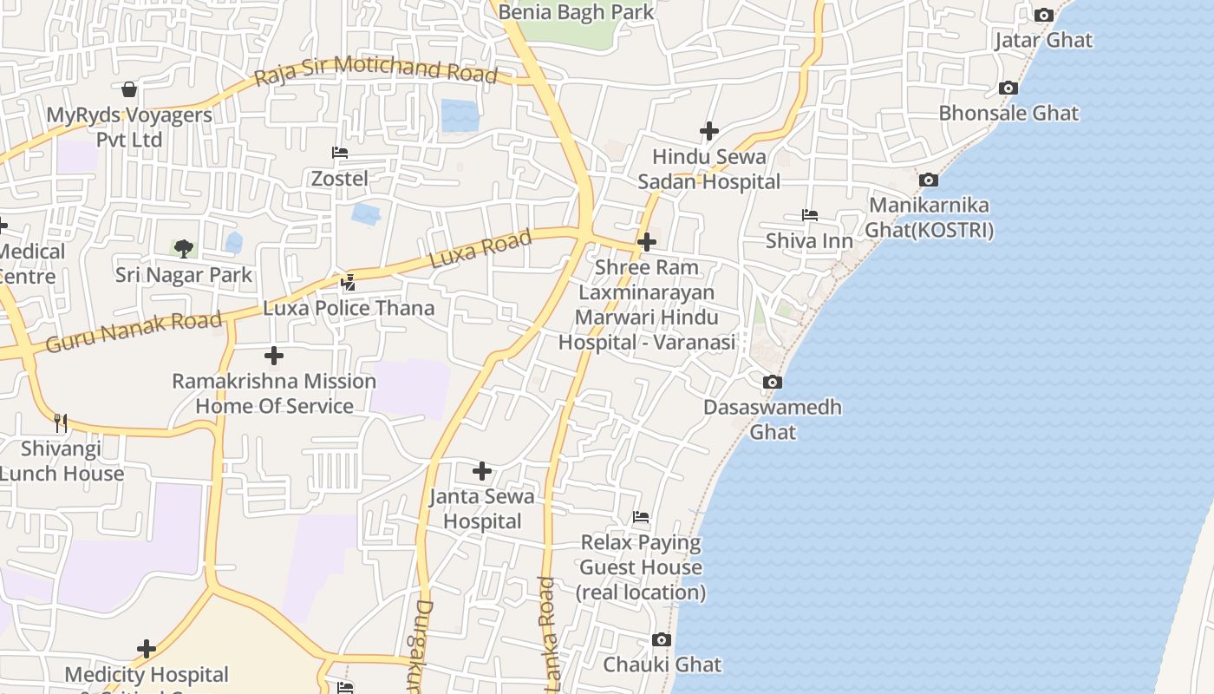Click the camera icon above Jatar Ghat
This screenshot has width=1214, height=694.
[x=1044, y=15]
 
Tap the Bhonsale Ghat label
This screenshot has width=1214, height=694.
[x=1008, y=113]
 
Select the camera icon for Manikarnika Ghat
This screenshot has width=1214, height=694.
[x=929, y=180]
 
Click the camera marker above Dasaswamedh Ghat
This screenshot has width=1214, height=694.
[x=772, y=382]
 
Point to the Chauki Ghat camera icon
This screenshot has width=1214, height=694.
[x=662, y=639]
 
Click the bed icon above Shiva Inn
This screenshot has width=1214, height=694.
[x=809, y=215]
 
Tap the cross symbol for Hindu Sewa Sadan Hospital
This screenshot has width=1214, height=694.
[x=708, y=131]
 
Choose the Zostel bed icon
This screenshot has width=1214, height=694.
[x=340, y=153]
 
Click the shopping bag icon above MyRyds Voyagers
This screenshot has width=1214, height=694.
[x=128, y=89]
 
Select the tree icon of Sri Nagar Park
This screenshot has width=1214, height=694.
[x=183, y=249]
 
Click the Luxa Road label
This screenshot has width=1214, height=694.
[x=480, y=250]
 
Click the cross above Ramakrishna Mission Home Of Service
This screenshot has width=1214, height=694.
[x=273, y=356]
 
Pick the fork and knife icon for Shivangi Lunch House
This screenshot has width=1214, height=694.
[x=60, y=422]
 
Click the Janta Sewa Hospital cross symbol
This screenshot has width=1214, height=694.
[x=482, y=471]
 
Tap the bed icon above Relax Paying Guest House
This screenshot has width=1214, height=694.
[x=641, y=517]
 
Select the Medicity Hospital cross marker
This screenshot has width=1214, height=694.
[x=147, y=648]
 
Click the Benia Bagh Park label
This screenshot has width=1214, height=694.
[x=576, y=12]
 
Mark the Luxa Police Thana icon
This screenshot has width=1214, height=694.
[x=348, y=282]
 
